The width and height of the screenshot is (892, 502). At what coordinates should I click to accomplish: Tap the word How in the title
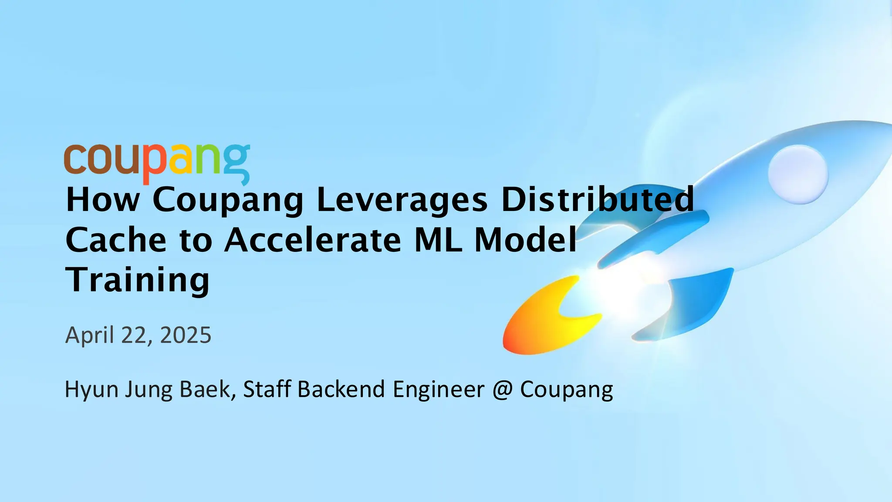pos(103,200)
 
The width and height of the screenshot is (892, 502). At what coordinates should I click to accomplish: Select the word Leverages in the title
pos(402,200)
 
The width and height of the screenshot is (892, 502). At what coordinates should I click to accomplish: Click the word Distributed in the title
pos(598,200)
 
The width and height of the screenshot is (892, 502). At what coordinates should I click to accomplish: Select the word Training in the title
pos(138,280)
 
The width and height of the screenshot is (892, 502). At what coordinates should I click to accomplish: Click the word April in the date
pos(90,336)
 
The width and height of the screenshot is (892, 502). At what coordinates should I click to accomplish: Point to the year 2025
pos(186,336)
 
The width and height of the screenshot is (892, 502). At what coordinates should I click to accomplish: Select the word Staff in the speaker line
pos(267,389)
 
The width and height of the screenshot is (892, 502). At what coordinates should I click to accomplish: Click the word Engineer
pos(439,389)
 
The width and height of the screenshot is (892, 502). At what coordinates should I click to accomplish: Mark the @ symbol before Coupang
pos(502,389)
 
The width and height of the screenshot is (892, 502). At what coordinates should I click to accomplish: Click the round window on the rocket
pos(798,174)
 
